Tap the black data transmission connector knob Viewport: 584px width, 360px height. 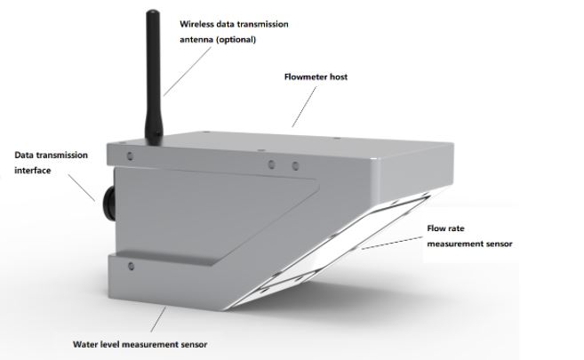tap(108, 203)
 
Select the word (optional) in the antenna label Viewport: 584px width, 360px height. tap(236, 39)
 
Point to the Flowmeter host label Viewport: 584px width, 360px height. tap(316, 77)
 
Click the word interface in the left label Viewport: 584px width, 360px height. tap(33, 171)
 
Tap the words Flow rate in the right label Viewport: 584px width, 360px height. tap(445, 228)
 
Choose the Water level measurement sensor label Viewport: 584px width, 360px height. tap(140, 344)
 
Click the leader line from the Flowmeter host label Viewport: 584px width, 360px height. tap(304, 107)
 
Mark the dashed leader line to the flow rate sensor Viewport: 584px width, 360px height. tap(391, 243)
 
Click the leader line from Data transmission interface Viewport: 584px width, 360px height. tap(82, 188)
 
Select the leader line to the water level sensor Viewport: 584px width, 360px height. tap(158, 319)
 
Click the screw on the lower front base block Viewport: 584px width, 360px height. tap(131, 266)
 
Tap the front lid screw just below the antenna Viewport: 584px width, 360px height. tap(130, 156)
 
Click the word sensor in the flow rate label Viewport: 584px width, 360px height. tap(500, 244)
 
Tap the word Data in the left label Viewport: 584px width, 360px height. tap(23, 156)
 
